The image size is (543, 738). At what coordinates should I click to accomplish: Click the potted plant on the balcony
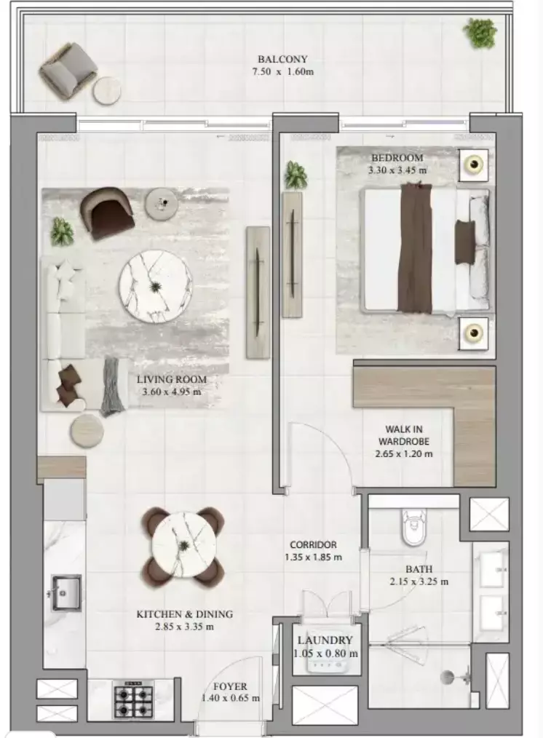point(480,32)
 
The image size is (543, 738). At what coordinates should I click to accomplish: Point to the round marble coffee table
point(156,287)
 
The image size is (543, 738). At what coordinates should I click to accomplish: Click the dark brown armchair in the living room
point(109,212)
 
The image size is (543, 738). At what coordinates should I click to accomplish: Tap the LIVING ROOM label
point(171,379)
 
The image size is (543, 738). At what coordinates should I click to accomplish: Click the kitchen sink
point(66,592)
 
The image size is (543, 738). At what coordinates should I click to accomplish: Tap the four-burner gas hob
point(132,701)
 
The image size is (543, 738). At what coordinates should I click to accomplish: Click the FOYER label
point(230,686)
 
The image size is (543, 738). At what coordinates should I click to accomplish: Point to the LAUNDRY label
point(325,640)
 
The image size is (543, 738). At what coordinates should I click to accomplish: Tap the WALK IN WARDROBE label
point(403,435)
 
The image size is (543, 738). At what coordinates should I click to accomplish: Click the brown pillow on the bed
point(464,242)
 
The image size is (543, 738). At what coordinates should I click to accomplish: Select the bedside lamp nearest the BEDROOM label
point(474,165)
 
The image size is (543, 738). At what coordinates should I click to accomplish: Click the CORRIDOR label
point(313,544)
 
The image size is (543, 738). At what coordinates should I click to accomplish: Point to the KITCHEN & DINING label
point(184,614)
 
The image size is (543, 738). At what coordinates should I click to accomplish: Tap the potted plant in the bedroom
point(296,175)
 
